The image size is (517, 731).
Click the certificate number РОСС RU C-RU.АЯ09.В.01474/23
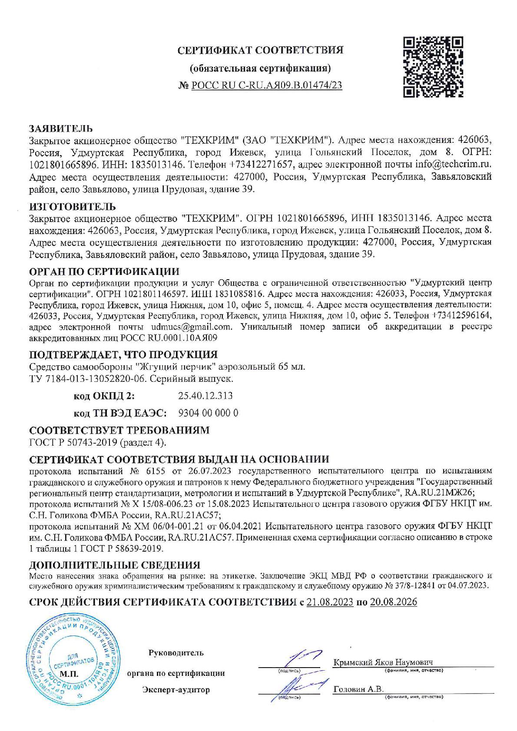pos(266,86)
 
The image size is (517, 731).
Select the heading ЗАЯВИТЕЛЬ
pos(61,129)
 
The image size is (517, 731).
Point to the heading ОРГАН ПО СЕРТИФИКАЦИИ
pos(104,272)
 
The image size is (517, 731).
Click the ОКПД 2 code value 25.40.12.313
pos(205,396)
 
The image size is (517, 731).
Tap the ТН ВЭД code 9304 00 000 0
pos(208,413)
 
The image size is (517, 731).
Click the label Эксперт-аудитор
pos(176,690)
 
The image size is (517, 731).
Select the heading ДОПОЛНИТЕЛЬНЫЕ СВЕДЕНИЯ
pos(115,565)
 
